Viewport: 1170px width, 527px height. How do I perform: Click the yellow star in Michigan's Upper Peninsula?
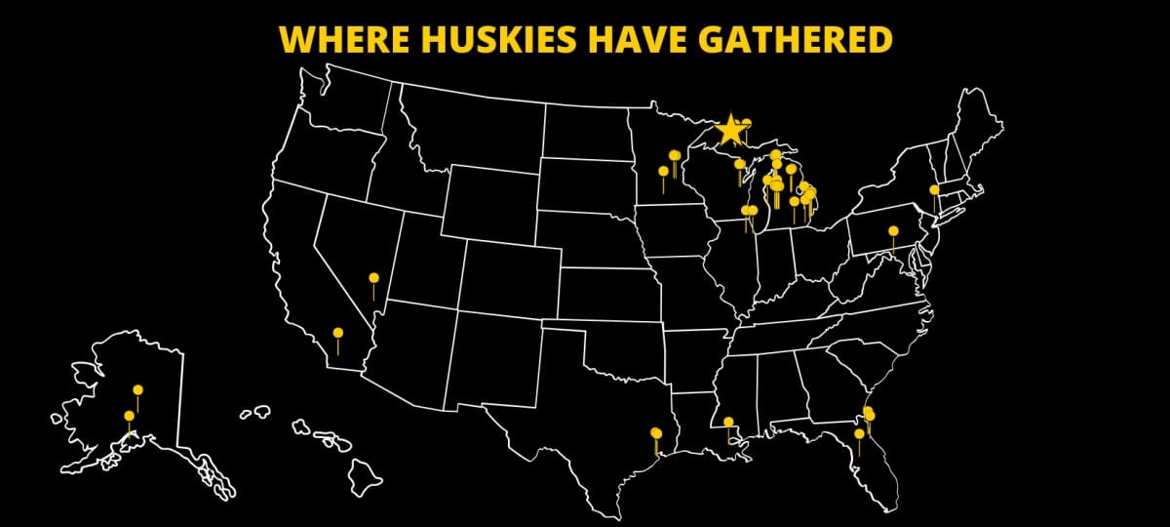click(730, 130)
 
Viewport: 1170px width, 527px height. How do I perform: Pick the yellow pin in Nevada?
click(373, 278)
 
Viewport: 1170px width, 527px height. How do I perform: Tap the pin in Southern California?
click(338, 333)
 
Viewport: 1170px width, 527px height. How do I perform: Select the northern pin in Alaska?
click(137, 390)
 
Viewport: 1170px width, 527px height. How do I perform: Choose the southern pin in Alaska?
click(129, 416)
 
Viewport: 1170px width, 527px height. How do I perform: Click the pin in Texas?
click(655, 432)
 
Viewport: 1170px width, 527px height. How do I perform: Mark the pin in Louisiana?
click(728, 423)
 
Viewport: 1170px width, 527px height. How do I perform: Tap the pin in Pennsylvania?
click(893, 231)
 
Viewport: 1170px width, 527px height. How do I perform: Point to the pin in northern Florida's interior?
click(859, 434)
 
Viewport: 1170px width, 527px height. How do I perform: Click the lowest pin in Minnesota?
click(664, 172)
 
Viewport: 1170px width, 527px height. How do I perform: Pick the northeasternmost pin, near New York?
click(934, 190)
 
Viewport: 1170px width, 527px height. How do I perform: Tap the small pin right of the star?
click(747, 123)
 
